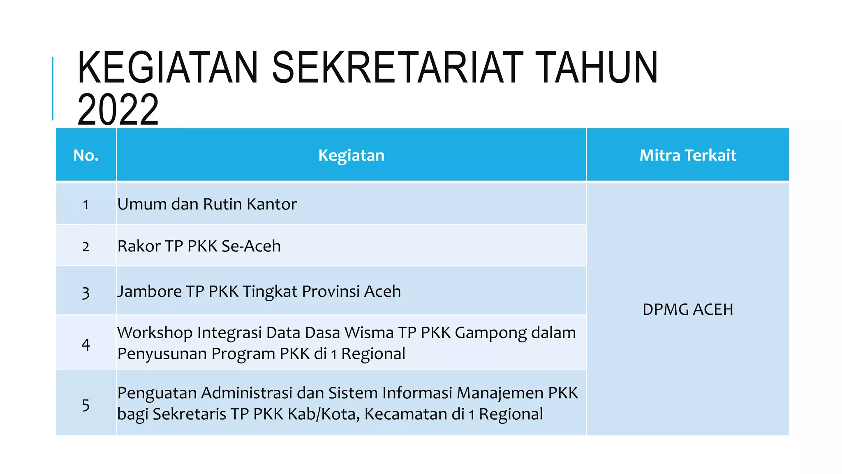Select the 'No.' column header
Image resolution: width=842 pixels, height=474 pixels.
click(86, 155)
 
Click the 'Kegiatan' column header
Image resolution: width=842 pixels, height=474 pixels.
click(351, 155)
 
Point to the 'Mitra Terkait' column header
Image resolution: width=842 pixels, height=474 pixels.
click(687, 155)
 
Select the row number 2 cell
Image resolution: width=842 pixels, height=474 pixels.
click(86, 246)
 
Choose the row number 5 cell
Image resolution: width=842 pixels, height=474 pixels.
click(86, 405)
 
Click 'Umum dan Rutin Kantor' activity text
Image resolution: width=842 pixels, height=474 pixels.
click(207, 204)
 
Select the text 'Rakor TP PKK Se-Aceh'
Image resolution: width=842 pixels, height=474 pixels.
click(199, 246)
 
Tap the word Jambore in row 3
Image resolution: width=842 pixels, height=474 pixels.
click(150, 291)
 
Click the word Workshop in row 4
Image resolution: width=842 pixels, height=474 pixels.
click(155, 333)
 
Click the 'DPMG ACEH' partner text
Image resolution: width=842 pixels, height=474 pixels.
click(687, 309)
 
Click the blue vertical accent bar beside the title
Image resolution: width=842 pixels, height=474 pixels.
click(53, 88)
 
